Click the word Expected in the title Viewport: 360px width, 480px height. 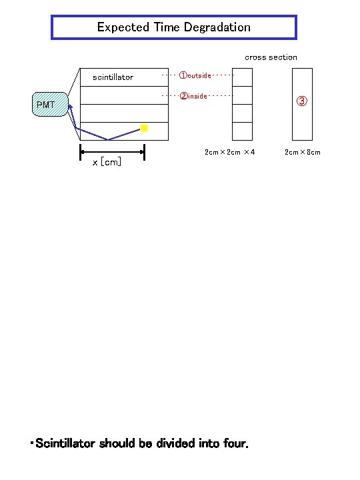(x=118, y=27)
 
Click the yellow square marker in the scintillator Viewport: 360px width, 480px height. (x=144, y=127)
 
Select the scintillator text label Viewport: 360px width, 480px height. (x=113, y=77)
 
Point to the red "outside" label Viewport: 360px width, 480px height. (x=195, y=75)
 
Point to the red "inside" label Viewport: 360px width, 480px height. (x=194, y=96)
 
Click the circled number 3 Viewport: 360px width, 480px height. (x=301, y=101)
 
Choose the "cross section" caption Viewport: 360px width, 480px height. (x=271, y=57)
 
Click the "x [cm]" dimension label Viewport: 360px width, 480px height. (x=107, y=162)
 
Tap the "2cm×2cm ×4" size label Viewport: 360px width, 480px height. (x=229, y=152)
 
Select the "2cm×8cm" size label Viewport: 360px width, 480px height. (x=303, y=152)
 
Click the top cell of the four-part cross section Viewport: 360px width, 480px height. (x=243, y=78)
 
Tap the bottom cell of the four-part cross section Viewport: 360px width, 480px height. (x=243, y=131)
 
